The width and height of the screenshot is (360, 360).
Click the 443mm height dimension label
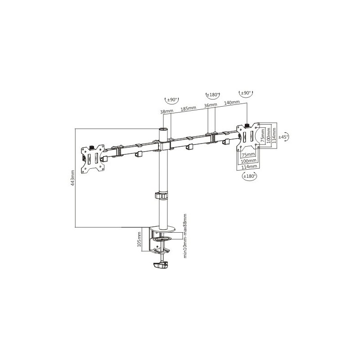pos(73,178)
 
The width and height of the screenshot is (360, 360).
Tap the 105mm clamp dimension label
pos(139,239)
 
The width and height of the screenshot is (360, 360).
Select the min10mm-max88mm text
pos(185,236)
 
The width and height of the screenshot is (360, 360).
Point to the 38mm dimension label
pos(166,111)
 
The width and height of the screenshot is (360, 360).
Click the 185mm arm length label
pos(188,108)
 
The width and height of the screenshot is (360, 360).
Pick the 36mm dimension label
pos(211,105)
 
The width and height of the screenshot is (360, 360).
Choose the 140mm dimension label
pos(232,102)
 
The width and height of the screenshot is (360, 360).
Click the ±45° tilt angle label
pos(283,137)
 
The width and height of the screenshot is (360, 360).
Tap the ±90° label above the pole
pos(172,100)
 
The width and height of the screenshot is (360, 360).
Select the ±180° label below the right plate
pos(250,176)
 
